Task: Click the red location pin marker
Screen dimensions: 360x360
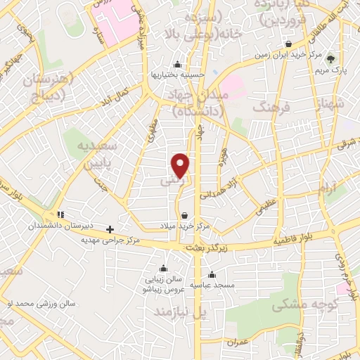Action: click(x=181, y=165)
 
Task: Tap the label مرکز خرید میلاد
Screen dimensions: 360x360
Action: click(x=185, y=226)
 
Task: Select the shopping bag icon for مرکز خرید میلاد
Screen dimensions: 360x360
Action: click(x=185, y=216)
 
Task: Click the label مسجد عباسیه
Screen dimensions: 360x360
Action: click(x=212, y=284)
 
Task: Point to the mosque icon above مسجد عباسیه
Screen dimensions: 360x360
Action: click(x=212, y=274)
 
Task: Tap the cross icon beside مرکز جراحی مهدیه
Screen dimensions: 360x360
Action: click(x=110, y=229)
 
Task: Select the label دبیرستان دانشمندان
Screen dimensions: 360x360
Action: click(x=60, y=226)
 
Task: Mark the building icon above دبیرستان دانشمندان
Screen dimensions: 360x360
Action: click(x=60, y=214)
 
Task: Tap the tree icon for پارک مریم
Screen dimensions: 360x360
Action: click(x=331, y=60)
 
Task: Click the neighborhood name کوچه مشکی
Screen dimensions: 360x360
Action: click(x=297, y=306)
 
